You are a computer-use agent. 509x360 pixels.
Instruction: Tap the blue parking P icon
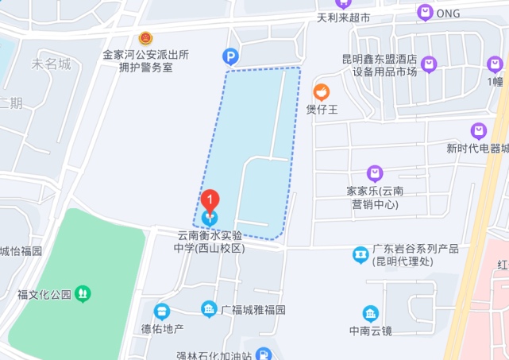pos(229,56)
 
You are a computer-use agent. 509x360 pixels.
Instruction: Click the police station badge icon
pos(145,38)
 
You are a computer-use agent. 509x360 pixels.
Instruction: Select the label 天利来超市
pos(344,17)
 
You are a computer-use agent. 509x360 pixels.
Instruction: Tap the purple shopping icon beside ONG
pos(425,13)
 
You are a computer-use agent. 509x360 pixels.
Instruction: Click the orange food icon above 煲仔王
pos(322,92)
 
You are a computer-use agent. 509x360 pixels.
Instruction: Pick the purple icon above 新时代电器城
pos(478,130)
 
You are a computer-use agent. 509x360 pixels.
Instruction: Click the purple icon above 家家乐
pos(375,173)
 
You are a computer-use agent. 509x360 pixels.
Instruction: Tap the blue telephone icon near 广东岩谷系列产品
pos(361,255)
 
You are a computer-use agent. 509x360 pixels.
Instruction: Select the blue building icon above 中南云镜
pos(371,313)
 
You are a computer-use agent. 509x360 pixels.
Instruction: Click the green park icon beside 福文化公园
pos(83,294)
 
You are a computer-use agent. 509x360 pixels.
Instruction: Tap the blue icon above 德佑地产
pos(162,311)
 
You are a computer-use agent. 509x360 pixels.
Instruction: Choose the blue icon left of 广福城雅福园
pos(209,309)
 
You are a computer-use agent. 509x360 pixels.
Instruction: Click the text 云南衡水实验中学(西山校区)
pos(210,242)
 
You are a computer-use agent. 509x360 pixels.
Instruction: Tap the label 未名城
pos(51,64)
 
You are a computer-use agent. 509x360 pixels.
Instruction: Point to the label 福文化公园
pos(44,295)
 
